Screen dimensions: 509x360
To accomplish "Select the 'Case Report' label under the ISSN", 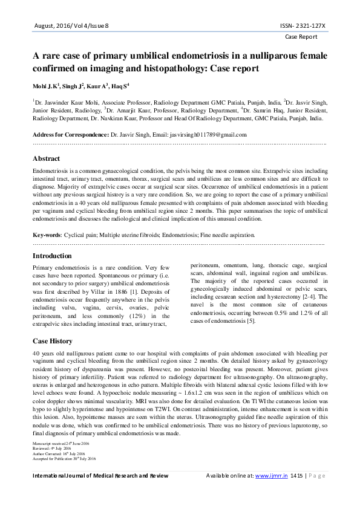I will tap(301, 36).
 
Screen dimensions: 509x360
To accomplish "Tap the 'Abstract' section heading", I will tap(46, 158).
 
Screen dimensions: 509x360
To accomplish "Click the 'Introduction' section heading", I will tap(52, 256).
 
